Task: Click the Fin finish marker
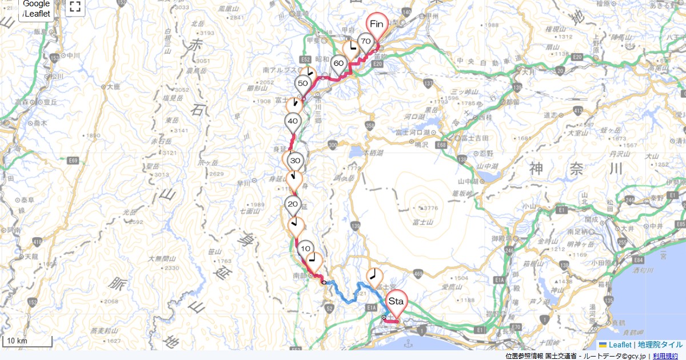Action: [377, 24]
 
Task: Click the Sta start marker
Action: [396, 301]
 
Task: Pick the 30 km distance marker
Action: [295, 161]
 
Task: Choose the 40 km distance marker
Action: [293, 122]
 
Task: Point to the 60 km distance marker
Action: [338, 64]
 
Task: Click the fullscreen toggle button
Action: [75, 7]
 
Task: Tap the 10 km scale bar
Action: [27, 342]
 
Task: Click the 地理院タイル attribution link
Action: [660, 345]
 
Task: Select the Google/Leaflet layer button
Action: [37, 9]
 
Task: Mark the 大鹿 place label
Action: [113, 87]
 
